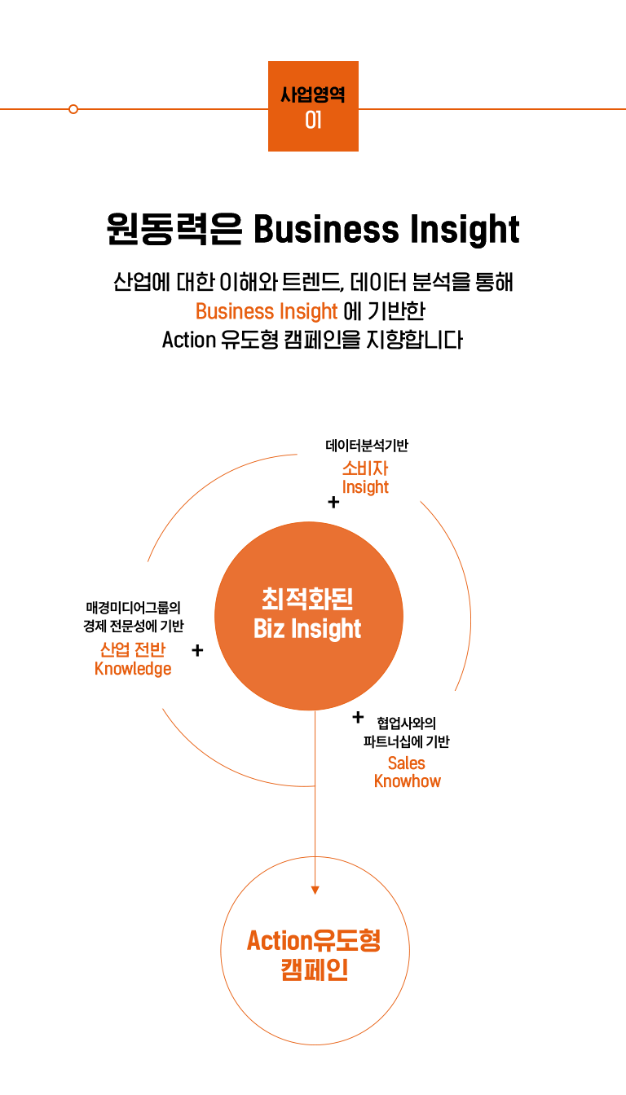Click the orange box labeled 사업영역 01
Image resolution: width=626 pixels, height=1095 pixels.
tap(313, 106)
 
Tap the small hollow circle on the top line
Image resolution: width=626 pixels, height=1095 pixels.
tap(73, 109)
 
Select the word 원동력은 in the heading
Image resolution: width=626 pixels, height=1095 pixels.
tap(174, 230)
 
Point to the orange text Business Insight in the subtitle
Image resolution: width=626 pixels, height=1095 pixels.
tap(266, 311)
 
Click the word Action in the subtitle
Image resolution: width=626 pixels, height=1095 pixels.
tap(187, 339)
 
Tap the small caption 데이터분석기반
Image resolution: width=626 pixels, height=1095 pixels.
tap(367, 446)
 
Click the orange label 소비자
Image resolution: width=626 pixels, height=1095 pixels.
tap(365, 468)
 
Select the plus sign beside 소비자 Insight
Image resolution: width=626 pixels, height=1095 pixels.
tap(333, 503)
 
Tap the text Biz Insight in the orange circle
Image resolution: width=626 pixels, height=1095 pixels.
tap(307, 629)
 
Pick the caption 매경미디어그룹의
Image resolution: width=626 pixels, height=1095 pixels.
tap(133, 607)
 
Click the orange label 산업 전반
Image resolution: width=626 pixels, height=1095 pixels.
tap(133, 649)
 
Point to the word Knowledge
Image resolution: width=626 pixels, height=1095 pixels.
tap(133, 669)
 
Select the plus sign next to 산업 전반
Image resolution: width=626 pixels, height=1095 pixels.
tap(197, 650)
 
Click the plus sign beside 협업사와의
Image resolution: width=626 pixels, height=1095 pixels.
tap(357, 717)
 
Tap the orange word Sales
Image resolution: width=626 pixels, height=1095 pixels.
tap(407, 763)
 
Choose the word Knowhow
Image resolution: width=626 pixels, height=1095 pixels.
tap(407, 781)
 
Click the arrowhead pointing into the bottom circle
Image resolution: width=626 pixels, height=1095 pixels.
tap(315, 891)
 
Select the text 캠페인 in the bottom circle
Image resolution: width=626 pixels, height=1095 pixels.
tap(315, 970)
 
